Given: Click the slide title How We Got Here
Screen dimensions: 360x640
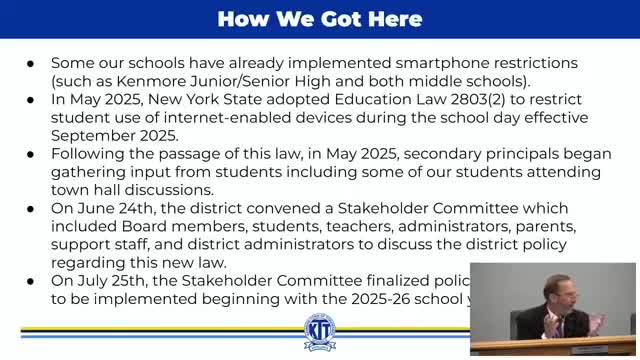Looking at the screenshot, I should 320,19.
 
